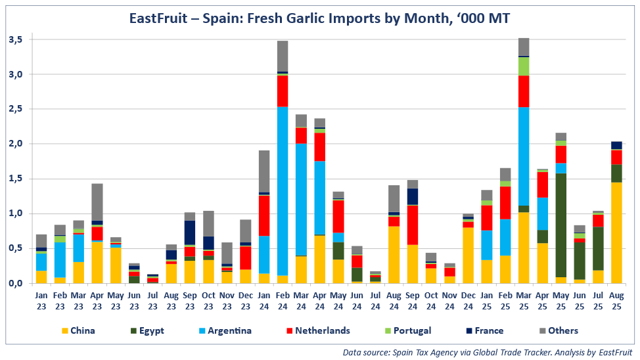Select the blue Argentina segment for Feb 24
283,191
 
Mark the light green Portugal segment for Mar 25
524,66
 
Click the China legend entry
78,330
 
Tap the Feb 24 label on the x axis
283,300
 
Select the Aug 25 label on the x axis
617,300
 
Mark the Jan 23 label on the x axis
41,300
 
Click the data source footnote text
488,353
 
